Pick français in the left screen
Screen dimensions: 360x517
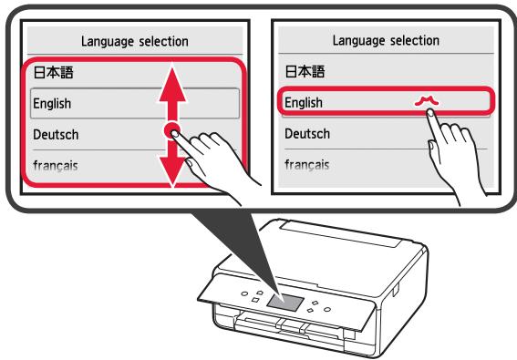point(55,165)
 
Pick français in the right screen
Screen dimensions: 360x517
point(306,165)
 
